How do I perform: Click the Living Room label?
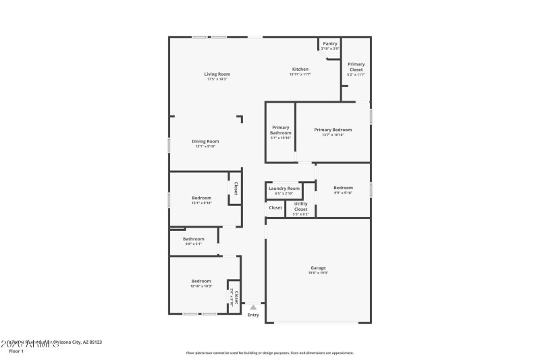(x=217, y=74)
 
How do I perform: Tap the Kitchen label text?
(x=300, y=69)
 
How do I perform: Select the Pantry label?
(x=330, y=44)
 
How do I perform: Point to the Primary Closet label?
(x=356, y=67)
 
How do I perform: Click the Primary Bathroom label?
(x=281, y=130)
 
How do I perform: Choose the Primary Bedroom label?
(x=333, y=129)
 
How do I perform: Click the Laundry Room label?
(x=283, y=188)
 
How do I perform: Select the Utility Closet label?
(x=300, y=206)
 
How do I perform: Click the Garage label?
(x=317, y=267)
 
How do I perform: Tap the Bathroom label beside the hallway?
(x=193, y=238)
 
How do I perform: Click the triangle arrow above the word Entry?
(x=253, y=307)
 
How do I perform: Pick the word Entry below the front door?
(x=253, y=315)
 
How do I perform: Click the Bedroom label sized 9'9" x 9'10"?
(x=343, y=188)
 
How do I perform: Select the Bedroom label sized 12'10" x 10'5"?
(x=201, y=281)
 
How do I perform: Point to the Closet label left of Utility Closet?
(x=275, y=207)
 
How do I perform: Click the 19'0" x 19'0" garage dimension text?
(x=317, y=273)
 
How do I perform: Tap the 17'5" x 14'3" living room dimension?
(x=217, y=79)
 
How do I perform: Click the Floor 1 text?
(x=16, y=351)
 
